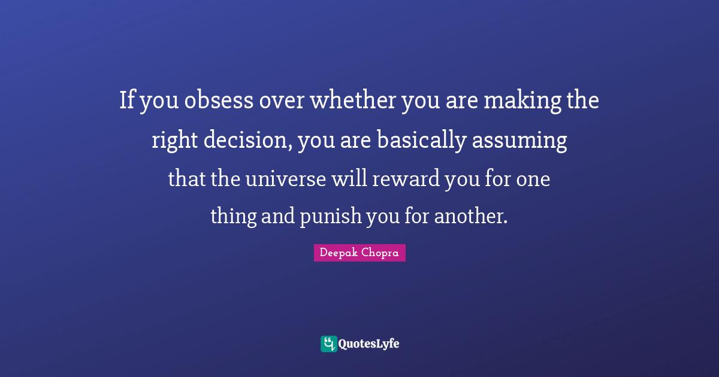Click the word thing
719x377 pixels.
(232, 216)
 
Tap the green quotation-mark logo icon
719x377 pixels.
(328, 343)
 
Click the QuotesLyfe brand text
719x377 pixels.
(368, 343)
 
